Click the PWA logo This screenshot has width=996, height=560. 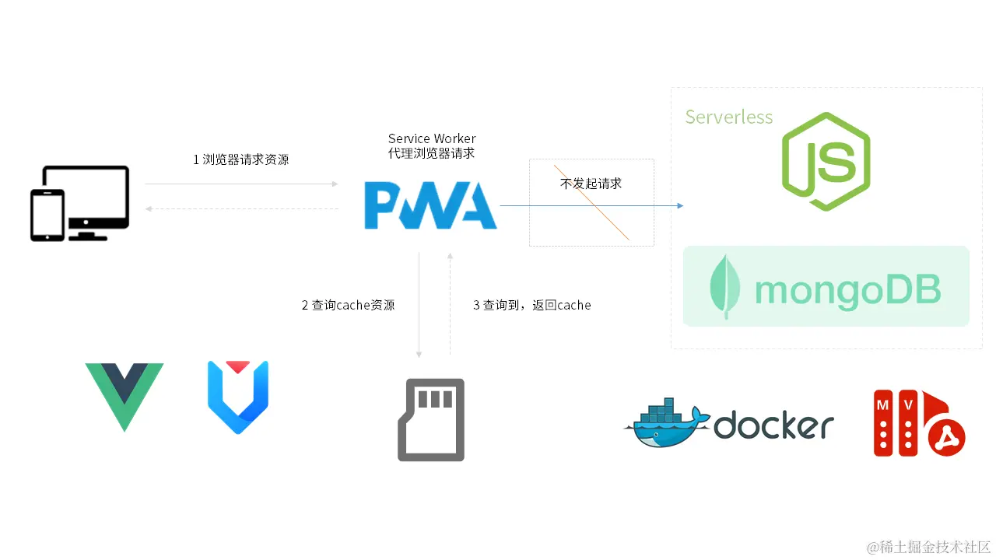(x=430, y=205)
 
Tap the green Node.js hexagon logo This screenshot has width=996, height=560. (x=826, y=162)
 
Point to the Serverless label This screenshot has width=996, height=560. (x=728, y=117)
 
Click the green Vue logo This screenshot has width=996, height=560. (x=124, y=393)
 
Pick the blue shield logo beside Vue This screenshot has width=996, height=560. (x=238, y=395)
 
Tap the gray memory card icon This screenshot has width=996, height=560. (x=431, y=419)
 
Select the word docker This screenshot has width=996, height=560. (x=773, y=425)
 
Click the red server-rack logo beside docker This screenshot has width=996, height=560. (x=918, y=423)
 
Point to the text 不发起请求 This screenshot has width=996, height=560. (x=591, y=184)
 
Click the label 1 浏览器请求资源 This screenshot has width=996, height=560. (x=240, y=159)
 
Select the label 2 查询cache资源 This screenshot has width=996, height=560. (x=348, y=306)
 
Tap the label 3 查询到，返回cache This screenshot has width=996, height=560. (x=531, y=306)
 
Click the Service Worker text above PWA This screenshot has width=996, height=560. (x=432, y=138)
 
